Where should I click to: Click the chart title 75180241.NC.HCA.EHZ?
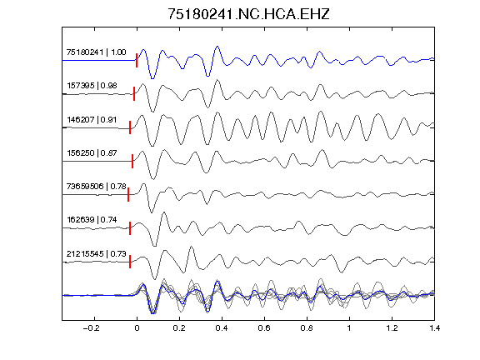click(248, 14)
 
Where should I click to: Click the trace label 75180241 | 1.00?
click(96, 52)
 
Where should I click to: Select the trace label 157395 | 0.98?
click(92, 86)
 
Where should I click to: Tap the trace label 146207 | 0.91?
click(92, 120)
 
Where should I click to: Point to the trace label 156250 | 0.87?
click(92, 153)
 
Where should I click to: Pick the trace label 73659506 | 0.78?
click(96, 187)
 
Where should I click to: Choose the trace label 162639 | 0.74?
click(92, 220)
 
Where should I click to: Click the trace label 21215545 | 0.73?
click(96, 254)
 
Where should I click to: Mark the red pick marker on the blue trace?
click(137, 60)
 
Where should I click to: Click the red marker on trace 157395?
click(134, 93)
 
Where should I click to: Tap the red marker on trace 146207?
click(130, 127)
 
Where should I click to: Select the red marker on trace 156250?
click(132, 161)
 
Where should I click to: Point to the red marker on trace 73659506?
click(128, 194)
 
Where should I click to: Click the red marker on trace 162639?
click(130, 228)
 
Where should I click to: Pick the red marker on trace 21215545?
click(130, 262)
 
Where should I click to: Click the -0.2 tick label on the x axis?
click(92, 328)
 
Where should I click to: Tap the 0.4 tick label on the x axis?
click(222, 328)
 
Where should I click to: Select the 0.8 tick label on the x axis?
click(307, 328)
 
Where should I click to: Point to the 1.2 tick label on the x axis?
click(392, 328)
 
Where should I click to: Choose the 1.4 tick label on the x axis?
click(434, 328)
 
